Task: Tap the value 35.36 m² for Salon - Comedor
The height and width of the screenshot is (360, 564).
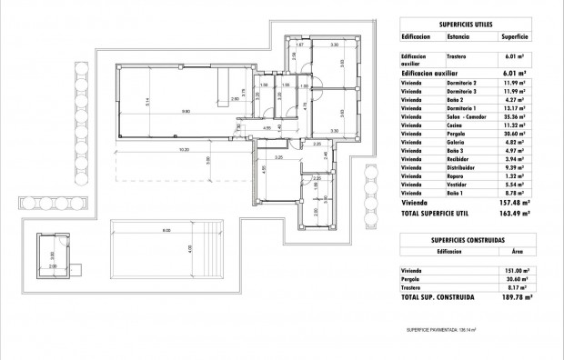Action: point(516,117)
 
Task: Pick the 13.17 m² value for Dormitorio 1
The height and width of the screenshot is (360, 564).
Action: point(516,108)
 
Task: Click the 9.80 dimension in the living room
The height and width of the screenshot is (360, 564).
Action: point(186,112)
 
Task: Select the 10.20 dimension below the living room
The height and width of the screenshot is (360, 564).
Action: point(184,149)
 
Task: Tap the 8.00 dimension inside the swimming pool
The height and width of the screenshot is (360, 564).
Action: point(167,231)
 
